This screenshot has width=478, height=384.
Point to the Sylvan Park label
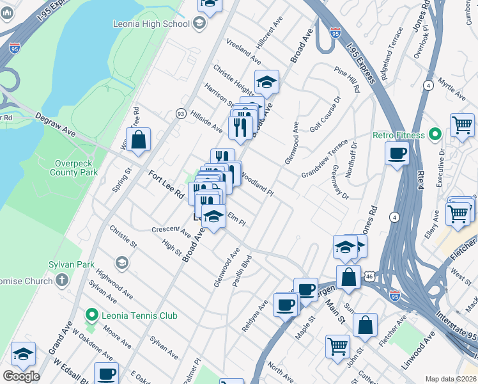click(x=71, y=264)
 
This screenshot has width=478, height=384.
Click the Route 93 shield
click(x=181, y=113)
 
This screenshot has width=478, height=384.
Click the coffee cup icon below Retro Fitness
click(x=397, y=154)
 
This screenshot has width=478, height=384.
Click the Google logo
click(x=21, y=376)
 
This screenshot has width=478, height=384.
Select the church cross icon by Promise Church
click(x=62, y=280)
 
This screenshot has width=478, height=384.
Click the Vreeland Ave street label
click(x=243, y=51)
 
